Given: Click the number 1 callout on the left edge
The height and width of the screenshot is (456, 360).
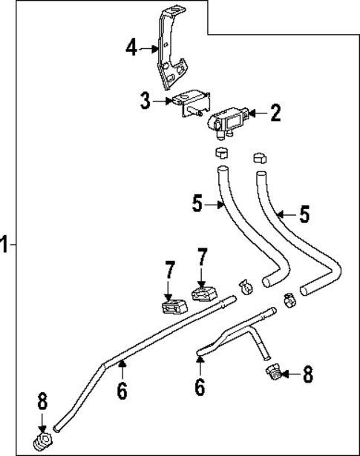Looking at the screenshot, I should click(5, 243).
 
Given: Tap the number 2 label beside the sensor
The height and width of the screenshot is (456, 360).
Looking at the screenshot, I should click(275, 113).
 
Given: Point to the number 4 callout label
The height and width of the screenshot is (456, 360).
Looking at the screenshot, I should click(131, 48).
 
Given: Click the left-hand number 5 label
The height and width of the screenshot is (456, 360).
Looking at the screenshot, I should click(197, 202).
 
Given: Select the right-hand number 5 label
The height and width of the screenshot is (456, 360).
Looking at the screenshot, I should click(304, 215).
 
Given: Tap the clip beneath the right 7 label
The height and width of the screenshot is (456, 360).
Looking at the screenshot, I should click(202, 294).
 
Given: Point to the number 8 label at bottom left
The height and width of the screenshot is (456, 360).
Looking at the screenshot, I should click(42, 403).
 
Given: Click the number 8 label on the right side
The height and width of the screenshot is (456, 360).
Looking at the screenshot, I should click(307, 374).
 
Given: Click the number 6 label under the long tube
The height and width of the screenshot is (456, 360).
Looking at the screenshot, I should click(122, 390).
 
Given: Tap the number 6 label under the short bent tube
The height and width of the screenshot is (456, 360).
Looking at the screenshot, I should click(199, 386).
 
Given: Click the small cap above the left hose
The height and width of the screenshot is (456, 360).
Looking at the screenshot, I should click(220, 154).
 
